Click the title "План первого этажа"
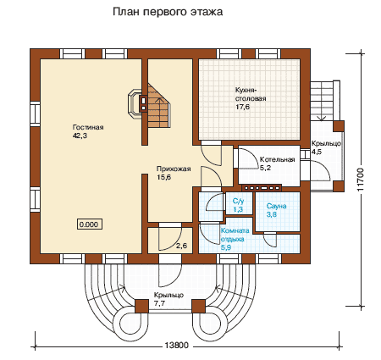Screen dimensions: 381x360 tap(168, 12)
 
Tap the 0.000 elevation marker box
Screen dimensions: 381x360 tap(90, 224)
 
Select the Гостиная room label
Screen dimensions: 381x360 tap(88, 127)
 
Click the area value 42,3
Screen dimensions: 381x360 tap(80, 136)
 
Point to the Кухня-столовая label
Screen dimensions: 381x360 tap(251, 95)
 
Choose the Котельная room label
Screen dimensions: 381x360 tap(277, 159)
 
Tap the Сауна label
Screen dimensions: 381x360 tap(277, 206)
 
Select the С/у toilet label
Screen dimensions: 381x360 tap(239, 201)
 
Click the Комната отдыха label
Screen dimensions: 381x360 tap(235, 235)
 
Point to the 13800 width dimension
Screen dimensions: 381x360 tap(176, 345)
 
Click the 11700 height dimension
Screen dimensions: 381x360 tap(361, 180)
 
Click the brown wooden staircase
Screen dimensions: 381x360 tap(158, 105)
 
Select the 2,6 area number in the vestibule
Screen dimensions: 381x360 tap(181, 246)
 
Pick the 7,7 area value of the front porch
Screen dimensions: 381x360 tap(159, 304)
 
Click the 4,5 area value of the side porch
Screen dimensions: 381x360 tap(317, 152)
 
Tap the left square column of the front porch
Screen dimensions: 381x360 tap(141, 307)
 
